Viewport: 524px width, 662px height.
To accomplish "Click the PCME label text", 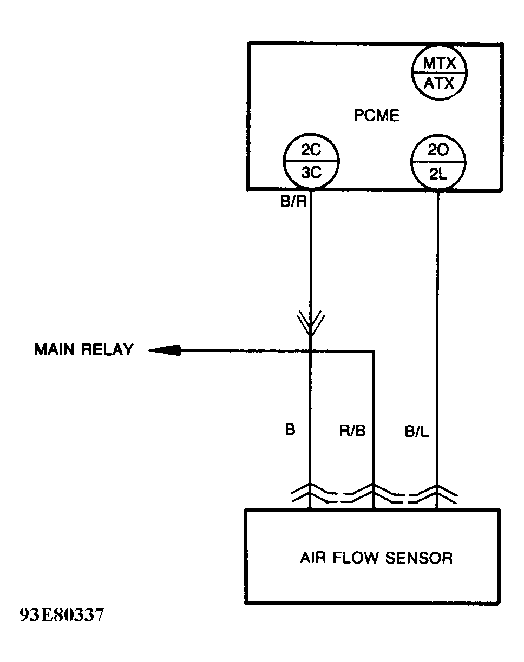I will pos(377,116).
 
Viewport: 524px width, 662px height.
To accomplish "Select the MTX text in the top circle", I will pos(438,64).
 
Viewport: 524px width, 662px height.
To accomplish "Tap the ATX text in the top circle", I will pos(438,84).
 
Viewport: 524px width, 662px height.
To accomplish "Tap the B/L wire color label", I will pos(416,431).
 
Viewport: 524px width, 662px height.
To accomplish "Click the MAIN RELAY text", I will pos(83,350).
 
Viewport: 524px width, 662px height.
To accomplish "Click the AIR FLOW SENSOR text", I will pos(376,558).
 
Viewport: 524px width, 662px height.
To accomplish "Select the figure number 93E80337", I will pos(61,615).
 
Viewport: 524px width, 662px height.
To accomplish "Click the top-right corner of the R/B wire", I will pos(374,352).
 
